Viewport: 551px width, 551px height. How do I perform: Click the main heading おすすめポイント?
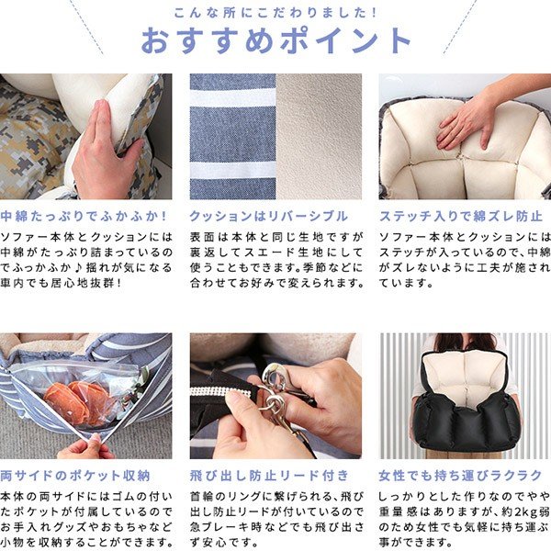point(275,40)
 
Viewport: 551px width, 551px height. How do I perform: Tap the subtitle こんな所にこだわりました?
point(275,13)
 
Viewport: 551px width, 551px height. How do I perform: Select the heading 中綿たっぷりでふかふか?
point(84,216)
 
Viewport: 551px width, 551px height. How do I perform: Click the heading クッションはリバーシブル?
point(269,216)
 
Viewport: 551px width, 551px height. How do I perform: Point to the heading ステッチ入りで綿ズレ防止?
point(461,216)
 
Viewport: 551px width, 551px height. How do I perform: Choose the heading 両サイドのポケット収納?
point(75,476)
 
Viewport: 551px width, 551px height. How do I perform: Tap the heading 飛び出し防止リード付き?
point(269,476)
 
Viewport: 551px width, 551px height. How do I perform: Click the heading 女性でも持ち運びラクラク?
point(460,476)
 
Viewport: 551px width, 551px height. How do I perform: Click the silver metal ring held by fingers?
point(275,376)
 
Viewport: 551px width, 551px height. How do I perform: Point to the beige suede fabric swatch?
point(319,136)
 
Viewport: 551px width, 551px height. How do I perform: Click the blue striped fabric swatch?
point(232,136)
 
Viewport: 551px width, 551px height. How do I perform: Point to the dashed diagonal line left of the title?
point(86,27)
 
